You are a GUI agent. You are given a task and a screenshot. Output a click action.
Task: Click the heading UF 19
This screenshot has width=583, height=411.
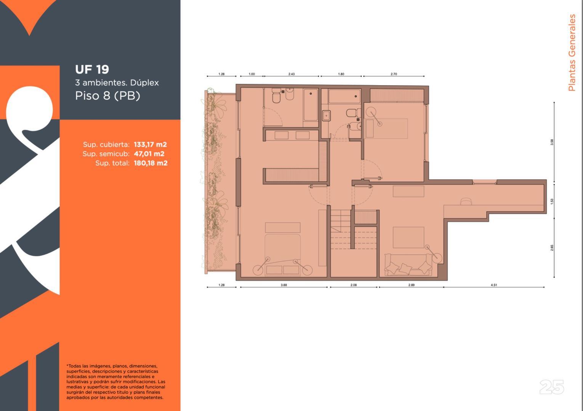click(92, 69)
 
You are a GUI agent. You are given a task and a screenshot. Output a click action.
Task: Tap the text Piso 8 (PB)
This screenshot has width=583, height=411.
click(107, 96)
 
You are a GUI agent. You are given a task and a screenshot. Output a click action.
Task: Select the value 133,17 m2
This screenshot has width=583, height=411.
click(150, 145)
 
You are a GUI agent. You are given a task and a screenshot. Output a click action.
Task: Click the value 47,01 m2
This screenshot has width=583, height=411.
click(149, 154)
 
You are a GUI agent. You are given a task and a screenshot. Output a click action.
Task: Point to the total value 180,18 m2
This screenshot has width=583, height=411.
click(151, 163)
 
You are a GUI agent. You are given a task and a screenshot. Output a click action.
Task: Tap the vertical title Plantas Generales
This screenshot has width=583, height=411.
click(572, 53)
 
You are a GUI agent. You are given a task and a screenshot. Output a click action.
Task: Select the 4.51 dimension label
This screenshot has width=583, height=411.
click(494, 285)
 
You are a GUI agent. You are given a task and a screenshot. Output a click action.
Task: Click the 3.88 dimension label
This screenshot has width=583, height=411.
click(284, 285)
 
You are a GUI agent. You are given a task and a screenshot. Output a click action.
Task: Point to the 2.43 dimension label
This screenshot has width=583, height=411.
click(291, 74)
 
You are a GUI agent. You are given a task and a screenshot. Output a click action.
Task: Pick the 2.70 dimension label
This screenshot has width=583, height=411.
click(394, 74)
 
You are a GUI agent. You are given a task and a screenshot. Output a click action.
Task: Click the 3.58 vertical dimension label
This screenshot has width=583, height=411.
click(552, 142)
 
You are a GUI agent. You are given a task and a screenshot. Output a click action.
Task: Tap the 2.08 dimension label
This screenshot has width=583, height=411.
click(354, 285)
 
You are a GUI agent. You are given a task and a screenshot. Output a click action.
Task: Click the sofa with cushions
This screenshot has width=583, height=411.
click(408, 265)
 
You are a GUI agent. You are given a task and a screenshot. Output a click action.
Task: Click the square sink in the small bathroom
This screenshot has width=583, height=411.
click(326, 116)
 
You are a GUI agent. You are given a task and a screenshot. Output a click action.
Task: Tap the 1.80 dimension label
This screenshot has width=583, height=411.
click(341, 74)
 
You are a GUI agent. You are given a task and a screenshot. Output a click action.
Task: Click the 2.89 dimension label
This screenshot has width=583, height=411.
click(412, 285)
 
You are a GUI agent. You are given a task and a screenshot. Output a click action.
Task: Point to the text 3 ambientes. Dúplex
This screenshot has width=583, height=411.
click(117, 83)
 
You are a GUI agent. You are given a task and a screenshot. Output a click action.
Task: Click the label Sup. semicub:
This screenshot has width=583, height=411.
click(106, 154)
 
